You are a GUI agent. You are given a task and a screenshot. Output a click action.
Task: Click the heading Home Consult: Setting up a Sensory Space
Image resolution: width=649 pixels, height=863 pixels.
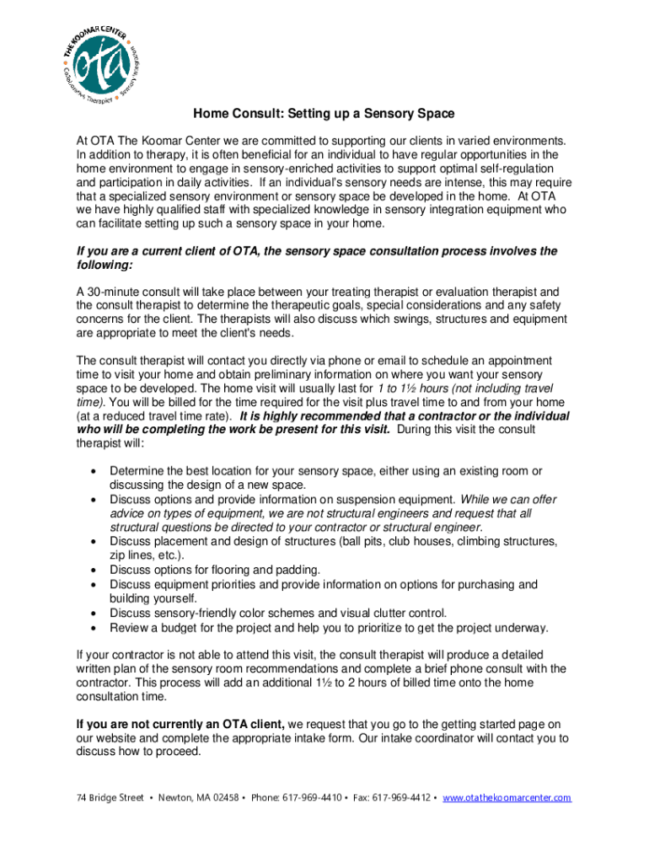click(324, 113)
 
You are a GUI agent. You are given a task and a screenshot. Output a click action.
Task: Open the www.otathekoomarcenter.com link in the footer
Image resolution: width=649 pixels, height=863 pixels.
click(507, 798)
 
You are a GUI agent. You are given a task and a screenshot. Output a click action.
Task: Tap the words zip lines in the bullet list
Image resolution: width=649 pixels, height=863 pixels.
click(132, 555)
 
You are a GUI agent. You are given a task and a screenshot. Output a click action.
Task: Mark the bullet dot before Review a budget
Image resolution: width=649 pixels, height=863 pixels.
click(93, 628)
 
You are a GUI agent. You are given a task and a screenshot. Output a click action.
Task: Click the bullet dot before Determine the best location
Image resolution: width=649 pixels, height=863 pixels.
click(93, 472)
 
